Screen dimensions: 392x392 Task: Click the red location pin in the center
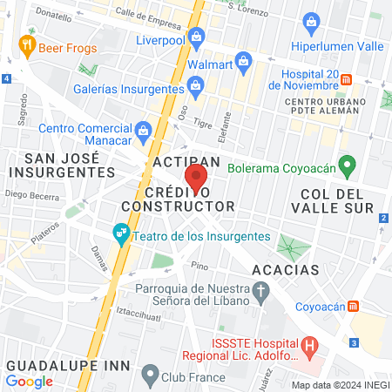tap(196, 179)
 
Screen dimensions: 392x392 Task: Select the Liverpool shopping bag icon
tap(197, 37)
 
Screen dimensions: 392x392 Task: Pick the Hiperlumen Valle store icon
tap(311, 21)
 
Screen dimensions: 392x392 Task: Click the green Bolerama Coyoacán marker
tap(347, 163)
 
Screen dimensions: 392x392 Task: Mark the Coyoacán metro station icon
tap(354, 306)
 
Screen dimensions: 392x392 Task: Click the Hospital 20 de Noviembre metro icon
tap(346, 79)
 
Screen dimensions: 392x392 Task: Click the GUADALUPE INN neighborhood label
tap(67, 364)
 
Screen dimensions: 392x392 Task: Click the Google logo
tap(30, 381)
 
